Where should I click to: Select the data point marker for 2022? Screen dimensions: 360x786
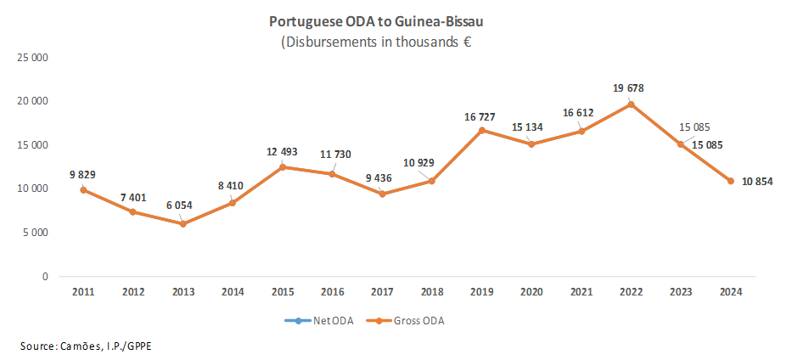click(631, 104)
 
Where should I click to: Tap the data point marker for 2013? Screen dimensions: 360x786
click(182, 223)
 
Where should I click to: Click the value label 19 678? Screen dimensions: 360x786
click(630, 87)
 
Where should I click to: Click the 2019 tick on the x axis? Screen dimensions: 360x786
click(481, 292)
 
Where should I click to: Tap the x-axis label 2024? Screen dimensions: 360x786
click(730, 292)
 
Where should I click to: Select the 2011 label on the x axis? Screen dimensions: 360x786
click(82, 292)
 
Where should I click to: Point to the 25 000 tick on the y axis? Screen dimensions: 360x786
click(31, 57)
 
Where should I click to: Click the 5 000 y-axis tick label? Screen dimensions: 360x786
click(33, 233)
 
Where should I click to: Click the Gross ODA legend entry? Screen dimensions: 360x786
click(410, 321)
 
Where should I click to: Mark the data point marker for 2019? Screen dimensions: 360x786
click(481, 130)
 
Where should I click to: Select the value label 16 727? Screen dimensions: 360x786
click(480, 115)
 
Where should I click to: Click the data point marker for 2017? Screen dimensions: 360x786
click(382, 194)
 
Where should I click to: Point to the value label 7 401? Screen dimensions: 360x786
click(132, 197)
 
